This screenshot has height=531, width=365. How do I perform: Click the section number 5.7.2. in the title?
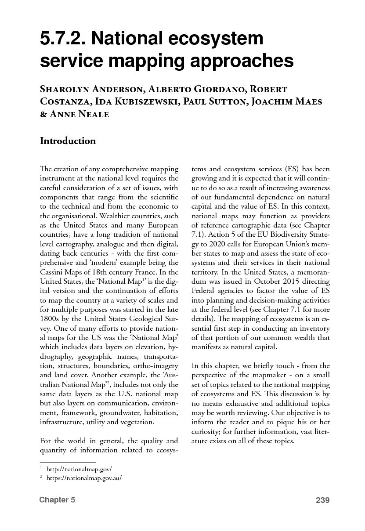point(62,40)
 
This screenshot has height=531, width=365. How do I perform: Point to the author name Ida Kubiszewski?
point(124,101)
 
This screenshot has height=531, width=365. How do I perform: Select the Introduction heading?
point(68,141)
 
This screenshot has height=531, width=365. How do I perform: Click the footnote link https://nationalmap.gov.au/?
point(83,478)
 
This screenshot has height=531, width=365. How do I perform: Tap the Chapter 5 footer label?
point(57,500)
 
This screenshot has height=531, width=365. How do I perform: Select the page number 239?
point(322,500)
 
